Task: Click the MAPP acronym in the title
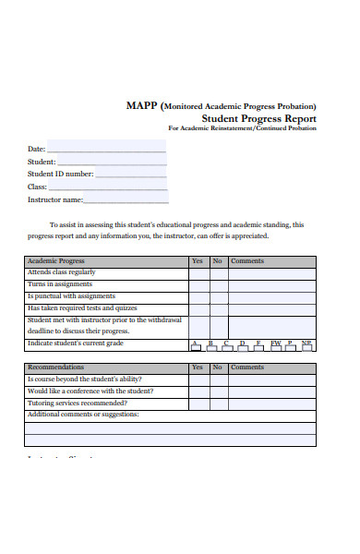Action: click(142, 105)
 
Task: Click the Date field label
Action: click(36, 149)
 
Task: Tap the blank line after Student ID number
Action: click(132, 174)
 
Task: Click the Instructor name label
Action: click(55, 199)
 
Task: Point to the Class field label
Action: click(37, 187)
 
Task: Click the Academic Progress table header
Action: click(56, 261)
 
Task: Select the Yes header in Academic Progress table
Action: click(198, 261)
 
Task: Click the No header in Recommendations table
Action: click(218, 367)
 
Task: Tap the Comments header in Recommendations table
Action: click(246, 367)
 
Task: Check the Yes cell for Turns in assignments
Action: click(198, 285)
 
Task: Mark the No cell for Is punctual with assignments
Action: click(218, 297)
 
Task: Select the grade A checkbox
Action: click(196, 346)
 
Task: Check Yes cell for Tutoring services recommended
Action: click(198, 403)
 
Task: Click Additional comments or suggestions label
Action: click(83, 415)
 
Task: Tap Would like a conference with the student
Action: click(90, 391)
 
